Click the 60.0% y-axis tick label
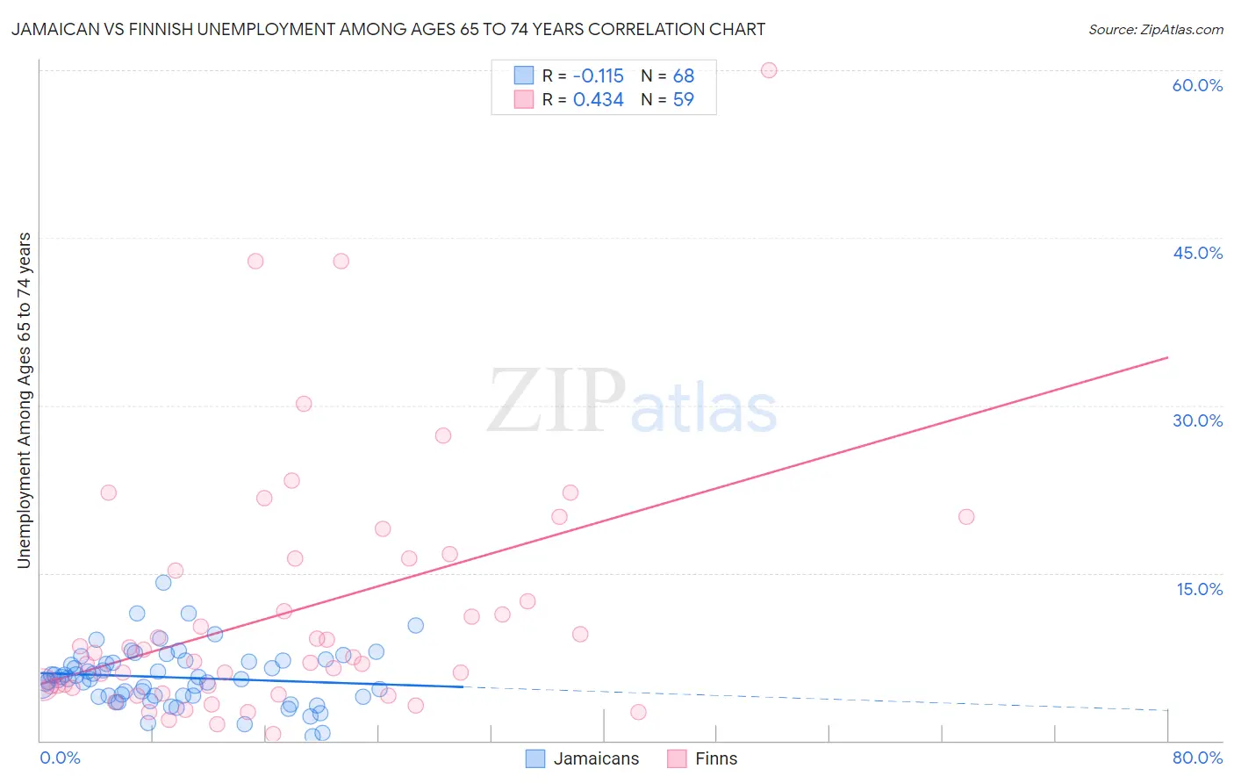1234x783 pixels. [1197, 85]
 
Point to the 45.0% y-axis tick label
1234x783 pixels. [1197, 253]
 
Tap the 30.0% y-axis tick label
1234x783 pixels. [1197, 420]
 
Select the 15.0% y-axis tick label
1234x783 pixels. [1199, 589]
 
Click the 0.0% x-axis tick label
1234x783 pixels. [60, 758]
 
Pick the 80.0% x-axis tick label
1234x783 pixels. [1197, 758]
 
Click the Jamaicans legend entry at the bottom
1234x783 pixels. [596, 758]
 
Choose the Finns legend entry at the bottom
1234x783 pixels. [715, 758]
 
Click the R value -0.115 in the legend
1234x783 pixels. [598, 75]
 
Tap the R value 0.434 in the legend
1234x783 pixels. [598, 100]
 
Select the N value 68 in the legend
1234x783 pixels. [683, 75]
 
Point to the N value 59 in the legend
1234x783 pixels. [683, 100]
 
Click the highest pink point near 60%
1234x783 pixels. [769, 70]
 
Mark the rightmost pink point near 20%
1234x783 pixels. [966, 516]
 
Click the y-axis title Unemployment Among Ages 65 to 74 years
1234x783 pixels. [24, 399]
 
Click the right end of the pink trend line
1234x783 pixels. [1167, 357]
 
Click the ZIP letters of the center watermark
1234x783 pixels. [556, 401]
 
